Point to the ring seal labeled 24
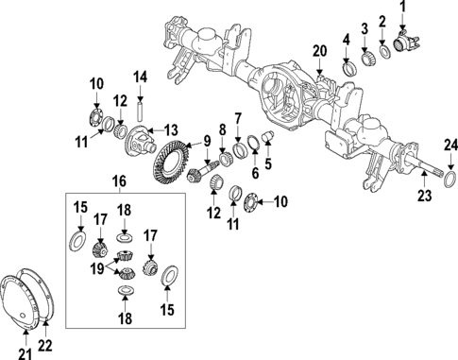tap(450, 176)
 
